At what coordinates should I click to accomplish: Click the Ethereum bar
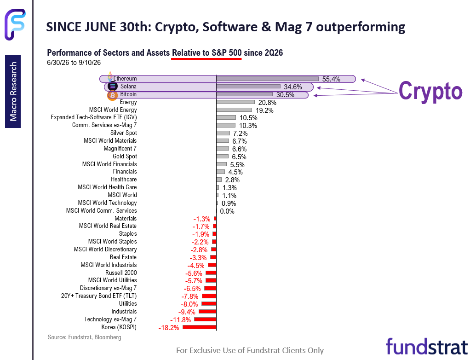pos(267,79)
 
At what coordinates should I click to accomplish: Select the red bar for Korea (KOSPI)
pos(199,327)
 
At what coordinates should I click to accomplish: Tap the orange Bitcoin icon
pos(112,95)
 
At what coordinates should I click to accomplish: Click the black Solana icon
pos(112,87)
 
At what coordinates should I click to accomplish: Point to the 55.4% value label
pos(331,79)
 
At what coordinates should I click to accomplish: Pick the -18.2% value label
pos(169,328)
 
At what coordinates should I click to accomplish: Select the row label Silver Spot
pos(124,133)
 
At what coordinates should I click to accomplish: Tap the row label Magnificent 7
pos(120,149)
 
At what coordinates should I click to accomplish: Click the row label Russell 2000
pos(121,273)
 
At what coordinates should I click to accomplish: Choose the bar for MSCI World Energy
pos(234,110)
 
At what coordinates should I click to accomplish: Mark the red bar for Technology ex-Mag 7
pos(205,319)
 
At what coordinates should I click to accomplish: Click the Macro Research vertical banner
pos(13,92)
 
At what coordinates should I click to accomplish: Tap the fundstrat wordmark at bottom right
pos(427,347)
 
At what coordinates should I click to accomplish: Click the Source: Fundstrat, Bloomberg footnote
pos(85,337)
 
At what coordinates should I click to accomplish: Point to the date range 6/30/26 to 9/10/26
pos(74,63)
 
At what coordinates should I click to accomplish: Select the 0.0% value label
pos(227,211)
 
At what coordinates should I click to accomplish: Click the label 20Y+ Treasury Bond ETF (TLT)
pos(99,296)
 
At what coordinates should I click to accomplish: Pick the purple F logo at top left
pos(15,24)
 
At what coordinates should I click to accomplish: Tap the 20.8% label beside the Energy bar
pos(267,103)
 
